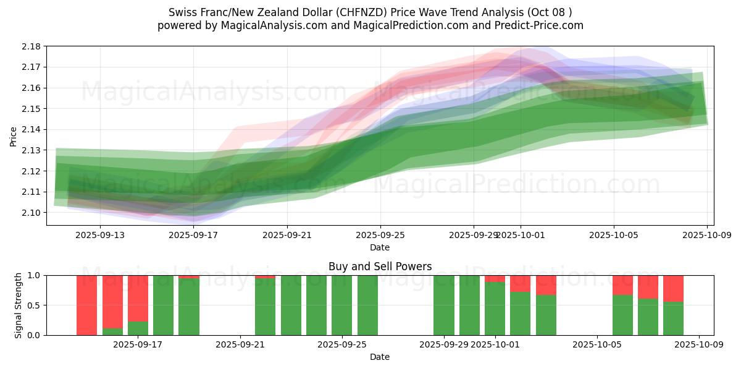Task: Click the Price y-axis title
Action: [14, 136]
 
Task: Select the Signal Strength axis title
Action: [19, 305]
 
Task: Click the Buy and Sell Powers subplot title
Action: [380, 267]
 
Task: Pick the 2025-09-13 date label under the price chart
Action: [99, 235]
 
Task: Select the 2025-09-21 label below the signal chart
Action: [239, 345]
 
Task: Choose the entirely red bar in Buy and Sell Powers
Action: [87, 305]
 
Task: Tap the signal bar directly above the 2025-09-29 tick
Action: [444, 305]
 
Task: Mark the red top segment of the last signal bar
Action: [673, 288]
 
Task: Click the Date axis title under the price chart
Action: [380, 247]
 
